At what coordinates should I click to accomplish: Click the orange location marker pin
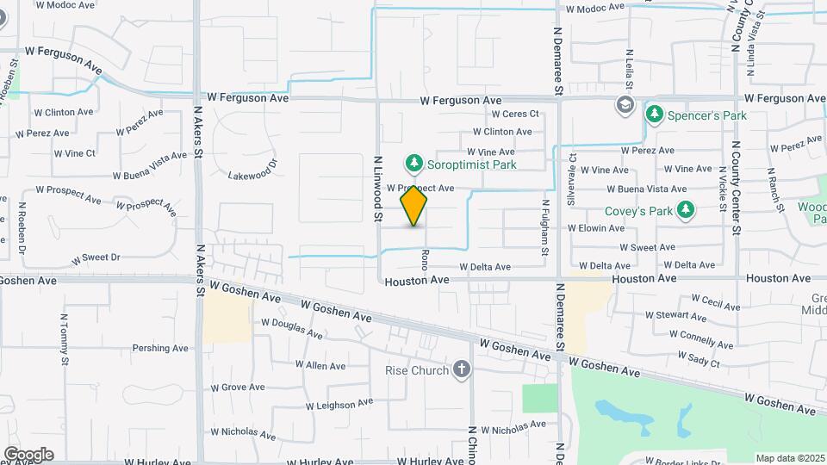tap(413, 206)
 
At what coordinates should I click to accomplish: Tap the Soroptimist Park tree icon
tap(414, 162)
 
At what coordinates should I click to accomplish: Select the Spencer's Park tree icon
tap(655, 115)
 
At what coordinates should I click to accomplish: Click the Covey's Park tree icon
tap(686, 209)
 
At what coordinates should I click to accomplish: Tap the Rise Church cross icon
tap(463, 370)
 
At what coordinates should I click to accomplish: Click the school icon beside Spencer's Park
tap(624, 106)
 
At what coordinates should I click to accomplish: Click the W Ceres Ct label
tap(514, 114)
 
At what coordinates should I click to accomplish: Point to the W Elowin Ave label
tap(595, 228)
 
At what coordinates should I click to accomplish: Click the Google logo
tap(28, 455)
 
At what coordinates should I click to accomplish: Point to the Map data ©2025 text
tap(788, 458)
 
